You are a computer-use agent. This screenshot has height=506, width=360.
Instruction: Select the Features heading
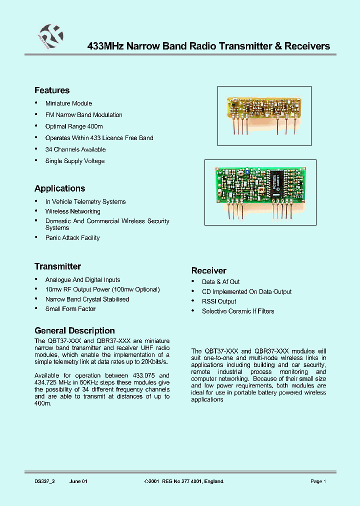click(52, 90)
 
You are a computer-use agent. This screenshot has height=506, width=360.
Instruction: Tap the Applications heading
click(59, 188)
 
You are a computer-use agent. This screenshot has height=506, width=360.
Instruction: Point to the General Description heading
click(74, 330)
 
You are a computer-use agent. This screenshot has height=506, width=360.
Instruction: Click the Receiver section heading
click(208, 270)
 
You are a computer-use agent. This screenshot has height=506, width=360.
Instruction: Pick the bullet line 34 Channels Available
click(75, 149)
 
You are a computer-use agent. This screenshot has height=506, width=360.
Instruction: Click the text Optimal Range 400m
click(74, 126)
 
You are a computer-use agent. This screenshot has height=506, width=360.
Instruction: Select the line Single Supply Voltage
click(75, 161)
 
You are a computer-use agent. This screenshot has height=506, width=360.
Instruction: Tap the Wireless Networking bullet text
click(73, 211)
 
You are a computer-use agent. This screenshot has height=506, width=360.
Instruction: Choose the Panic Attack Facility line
click(72, 238)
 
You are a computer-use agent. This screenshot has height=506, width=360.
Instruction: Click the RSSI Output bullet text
click(219, 301)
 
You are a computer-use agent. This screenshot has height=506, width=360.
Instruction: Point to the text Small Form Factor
click(70, 309)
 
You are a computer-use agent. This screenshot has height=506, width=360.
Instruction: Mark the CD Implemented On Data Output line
click(246, 291)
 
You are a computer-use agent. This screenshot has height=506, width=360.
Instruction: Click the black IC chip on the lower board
click(276, 183)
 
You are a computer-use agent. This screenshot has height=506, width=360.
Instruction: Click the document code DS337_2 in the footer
click(44, 481)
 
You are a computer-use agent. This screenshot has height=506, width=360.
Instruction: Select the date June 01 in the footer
click(78, 481)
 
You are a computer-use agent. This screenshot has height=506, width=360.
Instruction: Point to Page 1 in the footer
click(318, 481)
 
